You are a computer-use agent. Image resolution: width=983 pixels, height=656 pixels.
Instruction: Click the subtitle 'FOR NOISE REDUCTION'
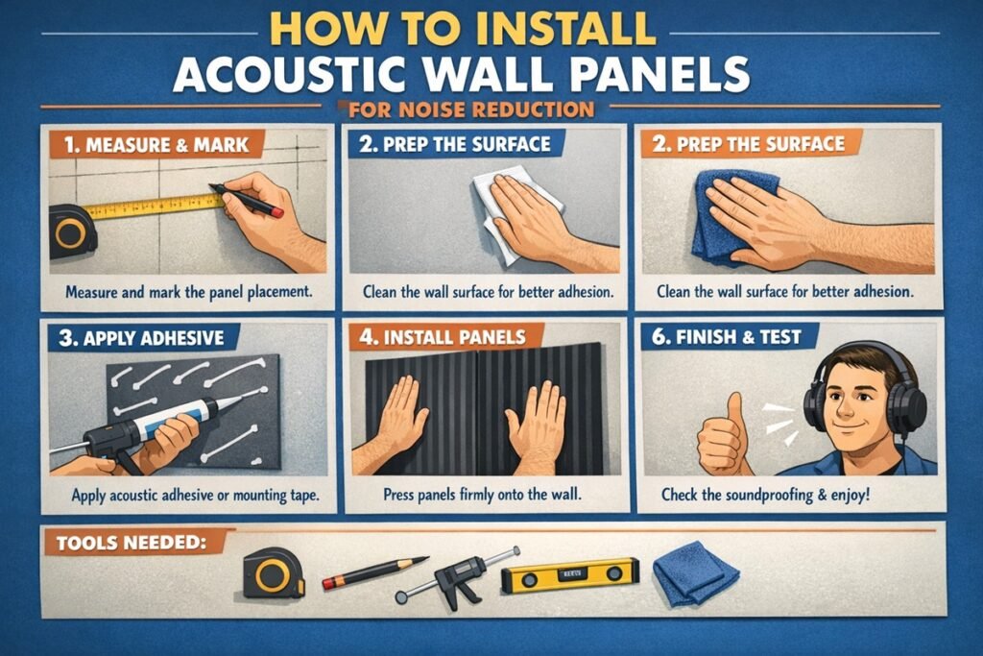click(x=473, y=109)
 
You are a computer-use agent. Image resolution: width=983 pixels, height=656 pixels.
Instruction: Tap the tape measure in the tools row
click(x=273, y=573)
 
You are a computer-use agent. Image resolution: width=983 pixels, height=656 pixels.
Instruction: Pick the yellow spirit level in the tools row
click(x=570, y=573)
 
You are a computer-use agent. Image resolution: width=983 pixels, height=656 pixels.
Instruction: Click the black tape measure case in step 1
click(x=71, y=231)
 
